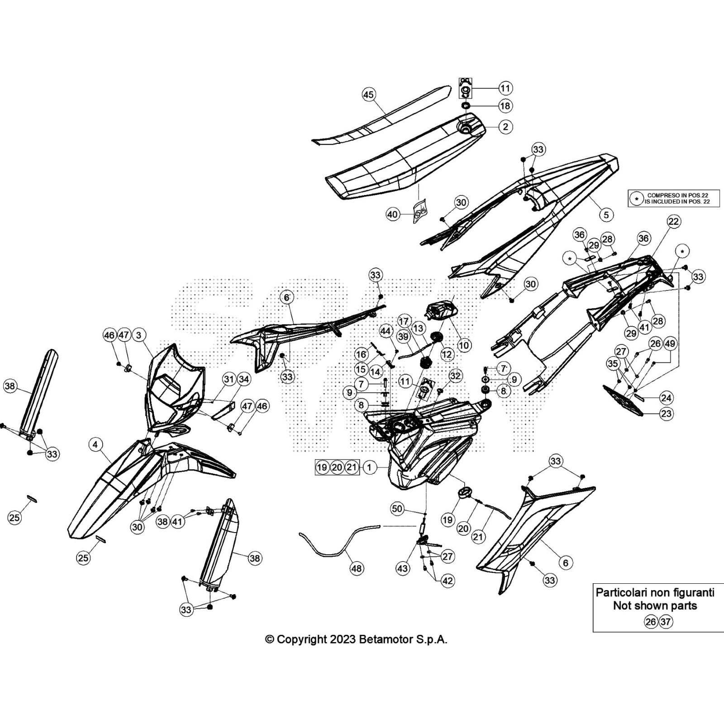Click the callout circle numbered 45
[369, 95]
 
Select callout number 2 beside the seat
[505, 127]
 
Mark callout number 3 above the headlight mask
[138, 335]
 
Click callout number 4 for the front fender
[95, 445]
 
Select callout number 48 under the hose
[357, 568]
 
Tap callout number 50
[397, 509]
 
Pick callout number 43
[402, 568]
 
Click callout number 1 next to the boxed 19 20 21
[369, 467]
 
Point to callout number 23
[666, 413]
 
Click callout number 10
[464, 345]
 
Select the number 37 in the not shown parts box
[665, 622]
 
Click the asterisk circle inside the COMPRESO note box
[637, 198]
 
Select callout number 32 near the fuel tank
[455, 376]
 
